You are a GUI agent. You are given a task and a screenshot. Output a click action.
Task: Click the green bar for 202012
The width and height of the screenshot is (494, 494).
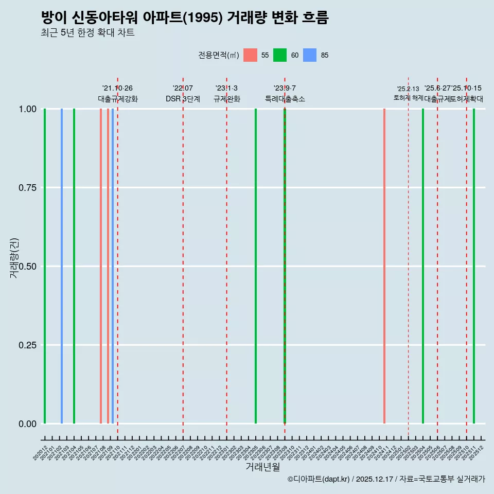(45, 266)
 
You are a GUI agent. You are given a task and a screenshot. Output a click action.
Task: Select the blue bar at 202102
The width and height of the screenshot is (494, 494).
(62, 266)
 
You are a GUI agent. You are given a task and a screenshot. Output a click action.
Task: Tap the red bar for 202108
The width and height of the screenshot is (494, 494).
(101, 266)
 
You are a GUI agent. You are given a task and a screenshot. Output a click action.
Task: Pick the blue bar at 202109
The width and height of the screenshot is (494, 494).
(113, 266)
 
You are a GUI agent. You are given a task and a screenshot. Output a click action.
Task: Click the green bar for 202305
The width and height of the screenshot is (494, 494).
(256, 266)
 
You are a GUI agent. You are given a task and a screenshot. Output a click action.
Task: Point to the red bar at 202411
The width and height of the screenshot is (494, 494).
(384, 266)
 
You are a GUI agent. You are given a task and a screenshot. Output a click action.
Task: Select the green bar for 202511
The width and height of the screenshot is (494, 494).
(474, 266)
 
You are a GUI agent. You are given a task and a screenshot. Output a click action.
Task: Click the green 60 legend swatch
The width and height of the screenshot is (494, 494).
(280, 55)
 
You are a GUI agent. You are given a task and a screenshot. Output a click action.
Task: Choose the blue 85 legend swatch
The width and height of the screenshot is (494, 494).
(310, 55)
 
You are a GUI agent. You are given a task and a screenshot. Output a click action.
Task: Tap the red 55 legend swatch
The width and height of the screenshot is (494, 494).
(250, 55)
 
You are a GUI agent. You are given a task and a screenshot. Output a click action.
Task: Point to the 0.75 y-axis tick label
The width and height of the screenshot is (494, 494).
(27, 188)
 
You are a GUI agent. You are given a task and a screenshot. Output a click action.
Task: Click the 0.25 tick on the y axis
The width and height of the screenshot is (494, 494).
(27, 345)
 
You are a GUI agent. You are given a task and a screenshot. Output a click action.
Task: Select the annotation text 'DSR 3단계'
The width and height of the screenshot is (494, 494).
(183, 99)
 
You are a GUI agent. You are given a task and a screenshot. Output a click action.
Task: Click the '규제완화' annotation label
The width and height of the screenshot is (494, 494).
(227, 99)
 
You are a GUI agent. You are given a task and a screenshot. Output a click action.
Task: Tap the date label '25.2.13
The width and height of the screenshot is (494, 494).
(408, 89)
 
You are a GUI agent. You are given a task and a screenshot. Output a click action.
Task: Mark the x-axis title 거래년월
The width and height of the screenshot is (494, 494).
(262, 467)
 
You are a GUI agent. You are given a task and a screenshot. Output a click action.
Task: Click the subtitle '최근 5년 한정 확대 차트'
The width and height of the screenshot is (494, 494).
(87, 33)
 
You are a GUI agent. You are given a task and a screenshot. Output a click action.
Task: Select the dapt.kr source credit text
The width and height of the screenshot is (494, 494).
(386, 479)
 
